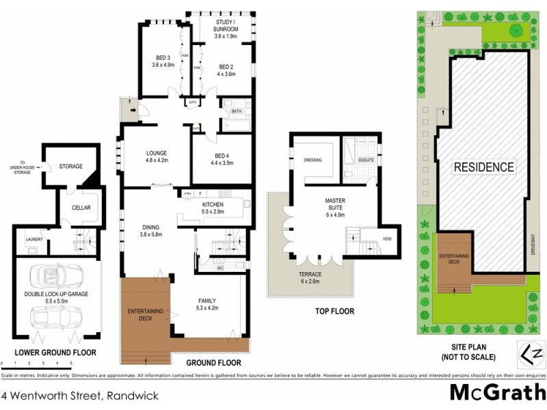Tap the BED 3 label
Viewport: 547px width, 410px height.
coord(163,61)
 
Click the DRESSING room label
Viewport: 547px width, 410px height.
coord(312,161)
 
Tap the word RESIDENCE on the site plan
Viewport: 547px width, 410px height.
coord(483,166)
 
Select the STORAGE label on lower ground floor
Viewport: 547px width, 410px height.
coord(70,166)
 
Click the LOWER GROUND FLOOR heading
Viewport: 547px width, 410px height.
coord(55,353)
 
